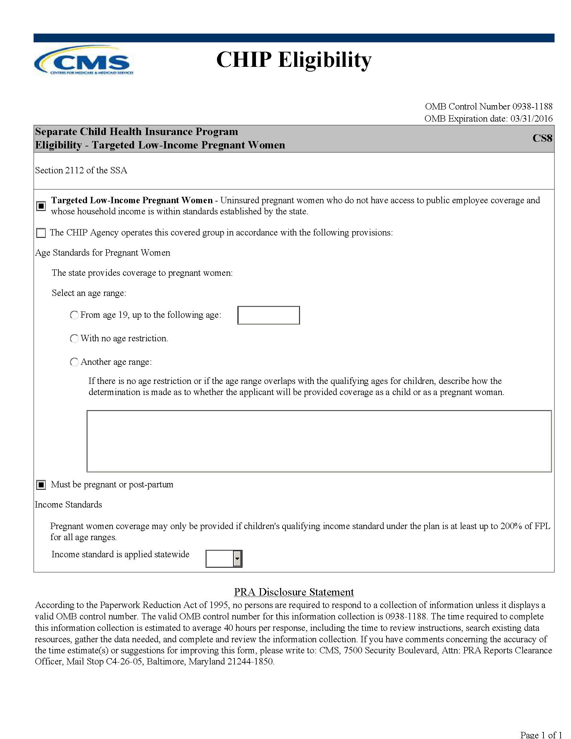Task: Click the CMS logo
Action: (84, 61)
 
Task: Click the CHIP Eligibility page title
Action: (294, 60)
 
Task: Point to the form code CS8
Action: (542, 138)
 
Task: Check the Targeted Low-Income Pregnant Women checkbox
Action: (41, 206)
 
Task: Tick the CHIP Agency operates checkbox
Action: (41, 233)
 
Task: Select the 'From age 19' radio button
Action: (74, 315)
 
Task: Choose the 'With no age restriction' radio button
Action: (74, 338)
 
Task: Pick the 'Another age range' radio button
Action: (74, 362)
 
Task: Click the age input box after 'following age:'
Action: (269, 315)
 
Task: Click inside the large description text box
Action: (319, 441)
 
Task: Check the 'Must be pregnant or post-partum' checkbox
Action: (41, 485)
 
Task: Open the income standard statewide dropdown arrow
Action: (237, 559)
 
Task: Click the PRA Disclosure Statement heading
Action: (294, 592)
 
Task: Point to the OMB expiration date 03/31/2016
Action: (531, 119)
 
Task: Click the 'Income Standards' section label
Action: (68, 505)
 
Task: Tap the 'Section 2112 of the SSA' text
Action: (81, 170)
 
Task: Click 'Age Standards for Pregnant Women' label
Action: (102, 253)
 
